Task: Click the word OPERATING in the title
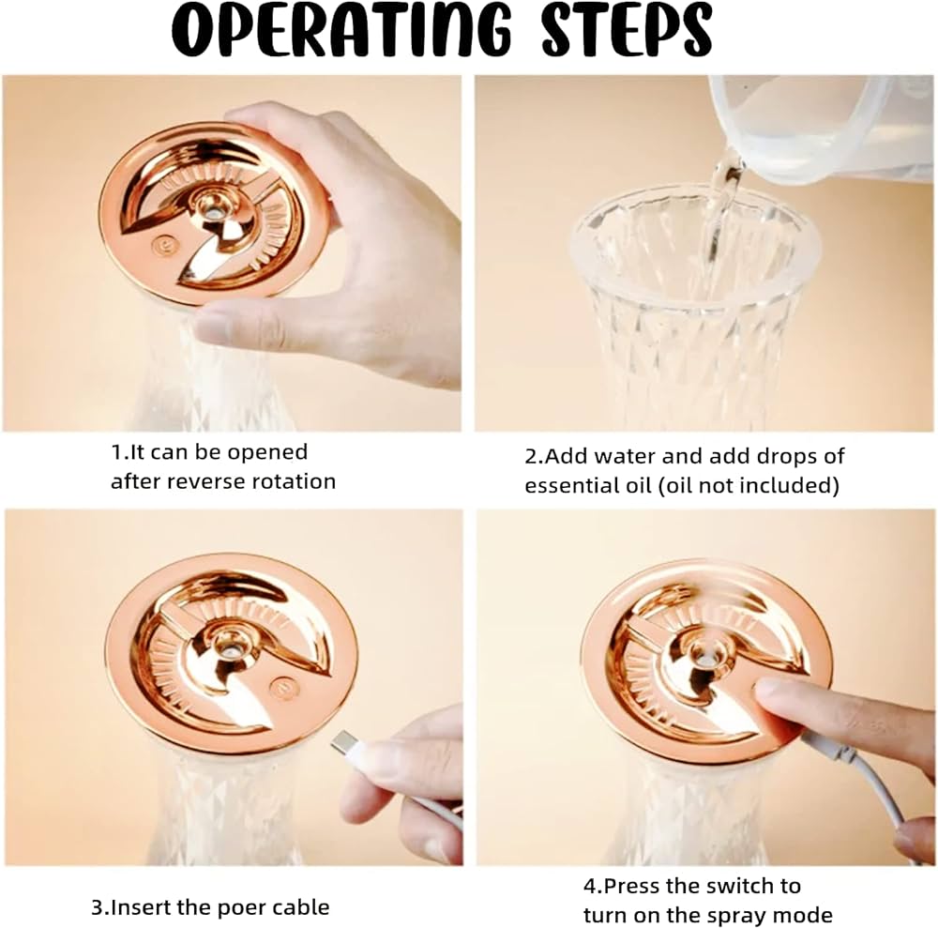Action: point(341,29)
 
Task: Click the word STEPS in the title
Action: point(627,29)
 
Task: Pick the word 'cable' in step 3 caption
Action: point(301,907)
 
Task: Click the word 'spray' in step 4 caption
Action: point(737,916)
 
